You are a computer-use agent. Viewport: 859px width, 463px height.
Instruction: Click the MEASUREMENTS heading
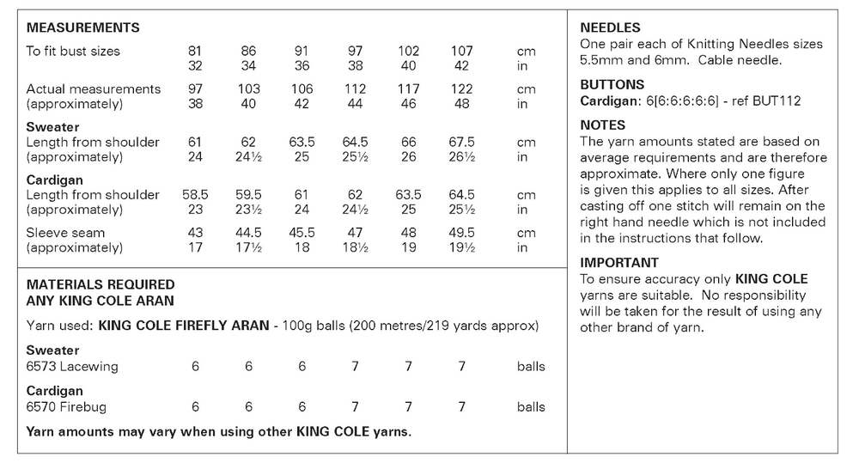tap(82, 28)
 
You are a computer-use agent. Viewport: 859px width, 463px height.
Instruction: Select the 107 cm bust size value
tap(461, 52)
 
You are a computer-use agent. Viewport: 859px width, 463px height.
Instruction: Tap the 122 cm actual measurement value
tap(461, 89)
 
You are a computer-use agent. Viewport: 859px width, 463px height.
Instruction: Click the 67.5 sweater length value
tap(461, 143)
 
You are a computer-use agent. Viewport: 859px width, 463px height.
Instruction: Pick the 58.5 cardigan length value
tap(195, 195)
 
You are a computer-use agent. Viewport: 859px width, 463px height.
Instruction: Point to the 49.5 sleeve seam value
tap(461, 233)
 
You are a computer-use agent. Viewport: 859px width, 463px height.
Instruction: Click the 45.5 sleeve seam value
tap(302, 233)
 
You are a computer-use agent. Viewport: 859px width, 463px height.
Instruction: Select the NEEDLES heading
tap(610, 28)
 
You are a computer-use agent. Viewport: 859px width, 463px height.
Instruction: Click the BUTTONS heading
tap(612, 85)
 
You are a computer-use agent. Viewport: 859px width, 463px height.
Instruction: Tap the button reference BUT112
tap(776, 101)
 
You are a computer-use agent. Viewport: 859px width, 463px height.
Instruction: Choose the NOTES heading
tap(603, 125)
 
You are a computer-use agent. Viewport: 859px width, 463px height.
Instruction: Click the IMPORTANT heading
tap(619, 263)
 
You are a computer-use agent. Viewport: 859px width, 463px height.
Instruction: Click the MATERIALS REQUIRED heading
tap(101, 284)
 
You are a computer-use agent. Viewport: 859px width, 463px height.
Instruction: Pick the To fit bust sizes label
tap(73, 52)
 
